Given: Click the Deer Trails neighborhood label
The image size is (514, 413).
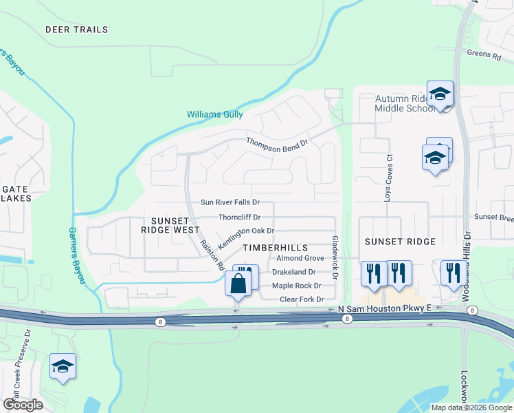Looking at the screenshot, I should point(77,30).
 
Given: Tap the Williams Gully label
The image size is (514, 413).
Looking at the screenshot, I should point(215,114).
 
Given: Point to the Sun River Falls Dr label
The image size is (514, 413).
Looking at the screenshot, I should point(230,202).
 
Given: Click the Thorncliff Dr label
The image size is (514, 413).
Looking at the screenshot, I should point(239,217).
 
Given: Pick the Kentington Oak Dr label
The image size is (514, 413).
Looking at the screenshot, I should point(246,237).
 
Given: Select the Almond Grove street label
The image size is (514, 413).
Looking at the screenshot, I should point(300,258).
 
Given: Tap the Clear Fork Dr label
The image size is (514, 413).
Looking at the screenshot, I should point(302,299).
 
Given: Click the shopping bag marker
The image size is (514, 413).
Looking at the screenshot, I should point(238,284).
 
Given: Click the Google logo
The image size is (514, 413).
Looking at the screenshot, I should point(23,404).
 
